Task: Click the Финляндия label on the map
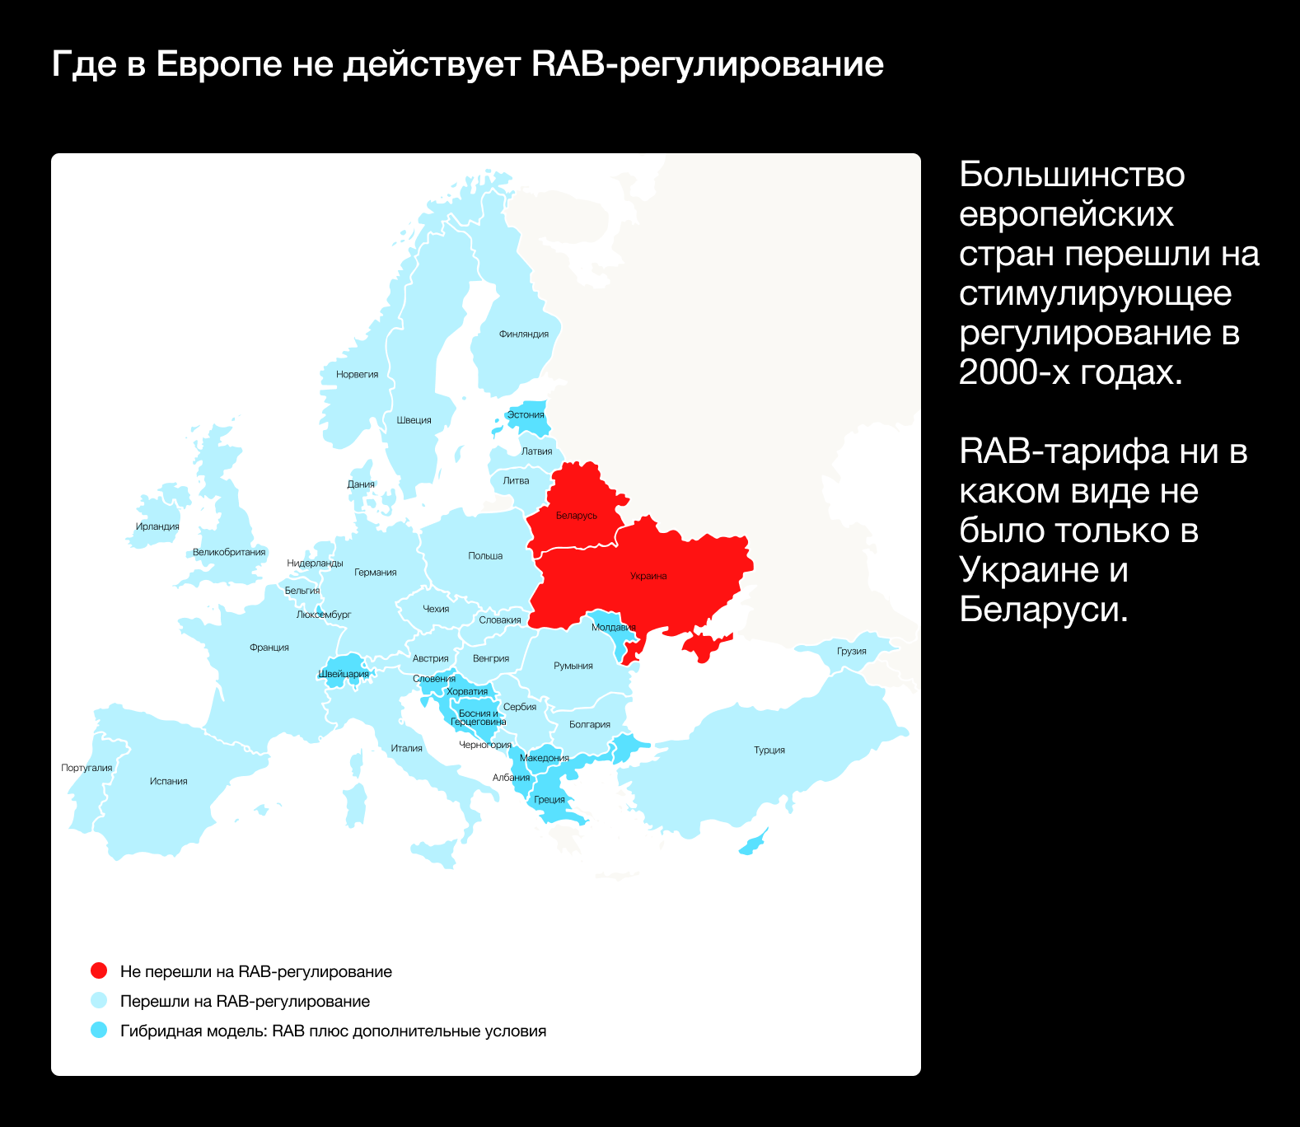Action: [523, 334]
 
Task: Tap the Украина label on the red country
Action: [648, 576]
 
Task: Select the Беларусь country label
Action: [576, 516]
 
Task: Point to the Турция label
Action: [769, 750]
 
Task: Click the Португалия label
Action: [87, 768]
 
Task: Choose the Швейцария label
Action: [344, 674]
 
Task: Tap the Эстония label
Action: [526, 414]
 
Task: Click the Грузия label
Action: [851, 651]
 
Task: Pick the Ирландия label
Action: [157, 526]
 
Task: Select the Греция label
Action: [549, 799]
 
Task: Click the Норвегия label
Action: [357, 374]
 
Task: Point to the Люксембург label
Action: [324, 615]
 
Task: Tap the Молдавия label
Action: [613, 627]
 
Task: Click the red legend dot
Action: [99, 971]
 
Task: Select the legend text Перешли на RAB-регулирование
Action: [245, 1001]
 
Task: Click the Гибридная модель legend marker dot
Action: [99, 1031]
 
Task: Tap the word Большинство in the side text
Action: [1072, 175]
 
